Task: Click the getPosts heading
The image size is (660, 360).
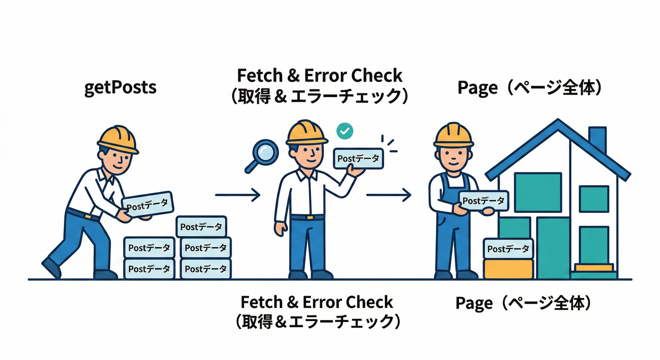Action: [x=120, y=88]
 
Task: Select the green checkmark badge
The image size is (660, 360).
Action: [x=345, y=131]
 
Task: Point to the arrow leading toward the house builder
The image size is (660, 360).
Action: [x=388, y=195]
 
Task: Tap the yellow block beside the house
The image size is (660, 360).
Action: [x=508, y=269]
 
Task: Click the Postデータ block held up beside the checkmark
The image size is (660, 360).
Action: [x=358, y=159]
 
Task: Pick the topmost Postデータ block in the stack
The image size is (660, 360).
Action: [x=201, y=227]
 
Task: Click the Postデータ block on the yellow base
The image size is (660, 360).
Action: [x=508, y=249]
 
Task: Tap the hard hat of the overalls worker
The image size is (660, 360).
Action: [x=453, y=135]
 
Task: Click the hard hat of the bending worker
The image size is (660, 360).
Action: [x=118, y=139]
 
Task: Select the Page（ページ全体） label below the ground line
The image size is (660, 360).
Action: [x=523, y=303]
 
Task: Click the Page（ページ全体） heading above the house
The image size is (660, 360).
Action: [x=529, y=88]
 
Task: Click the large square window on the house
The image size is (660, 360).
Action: [x=538, y=192]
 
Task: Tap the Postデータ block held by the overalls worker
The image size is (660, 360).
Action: [x=483, y=201]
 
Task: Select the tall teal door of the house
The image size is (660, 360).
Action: [x=553, y=247]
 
